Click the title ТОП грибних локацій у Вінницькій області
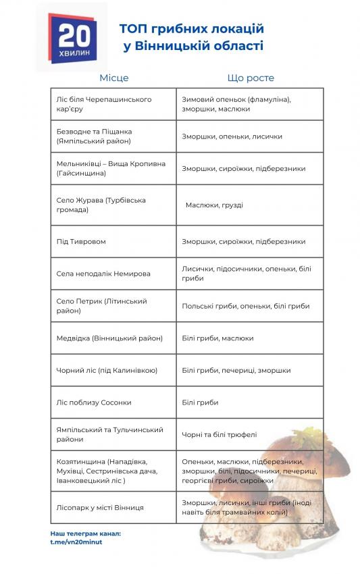tap(191, 37)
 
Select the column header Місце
tap(113, 78)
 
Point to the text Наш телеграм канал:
tap(86, 534)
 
